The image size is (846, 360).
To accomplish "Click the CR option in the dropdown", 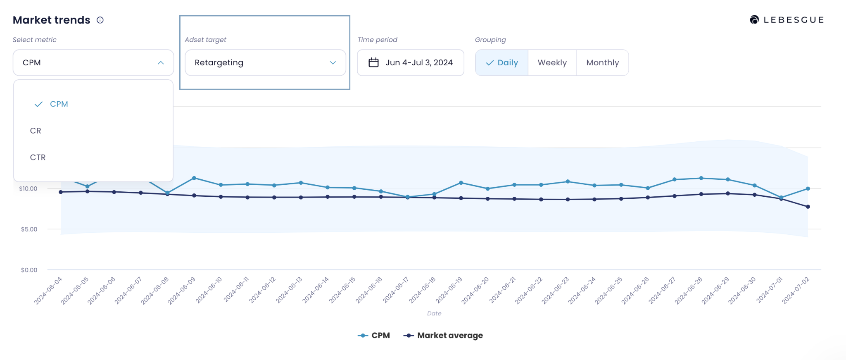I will pos(36,131).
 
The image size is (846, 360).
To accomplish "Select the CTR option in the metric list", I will pos(38,157).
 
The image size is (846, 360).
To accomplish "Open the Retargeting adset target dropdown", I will pos(265,63).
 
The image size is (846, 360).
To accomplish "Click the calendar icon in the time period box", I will pos(373,62).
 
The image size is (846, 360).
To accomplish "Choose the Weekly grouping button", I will pos(552,63).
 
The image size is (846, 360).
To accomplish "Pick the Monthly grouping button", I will pos(602,63).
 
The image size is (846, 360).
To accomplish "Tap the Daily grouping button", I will pos(502,63).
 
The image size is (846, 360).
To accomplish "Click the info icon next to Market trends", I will pos(100,20).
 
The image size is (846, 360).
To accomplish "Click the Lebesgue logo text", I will pos(793,20).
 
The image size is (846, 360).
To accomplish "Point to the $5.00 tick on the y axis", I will pos(29,229).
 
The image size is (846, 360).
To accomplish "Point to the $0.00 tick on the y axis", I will pos(29,270).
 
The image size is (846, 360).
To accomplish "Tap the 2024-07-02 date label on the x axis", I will pos(795,290).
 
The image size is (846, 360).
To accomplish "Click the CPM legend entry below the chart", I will pos(374,336).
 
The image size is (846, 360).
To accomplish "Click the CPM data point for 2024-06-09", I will pos(194,178).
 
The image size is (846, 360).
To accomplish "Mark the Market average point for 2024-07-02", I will pos(808,207).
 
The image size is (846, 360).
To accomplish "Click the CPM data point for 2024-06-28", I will pos(701,178).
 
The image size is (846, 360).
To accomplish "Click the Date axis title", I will pos(434,313).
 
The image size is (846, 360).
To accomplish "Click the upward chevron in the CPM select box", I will pos(161,63).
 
